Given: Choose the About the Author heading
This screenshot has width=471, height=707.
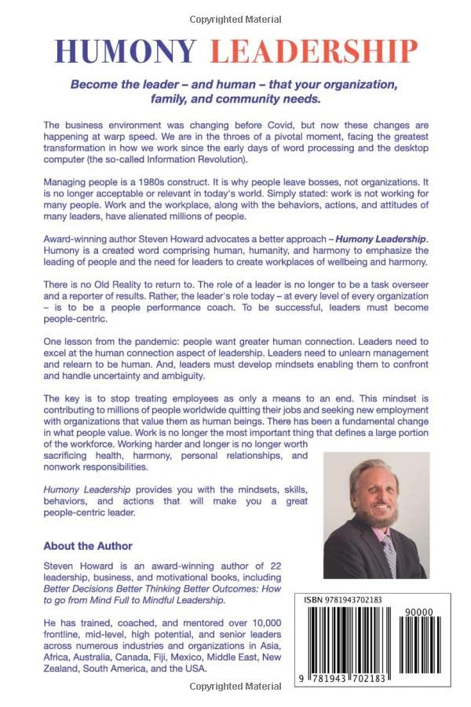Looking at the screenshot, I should point(88,546).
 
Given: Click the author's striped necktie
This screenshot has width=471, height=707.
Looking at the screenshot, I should point(388,555).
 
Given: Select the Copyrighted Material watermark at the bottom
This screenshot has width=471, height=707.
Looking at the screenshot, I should point(235,687).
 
